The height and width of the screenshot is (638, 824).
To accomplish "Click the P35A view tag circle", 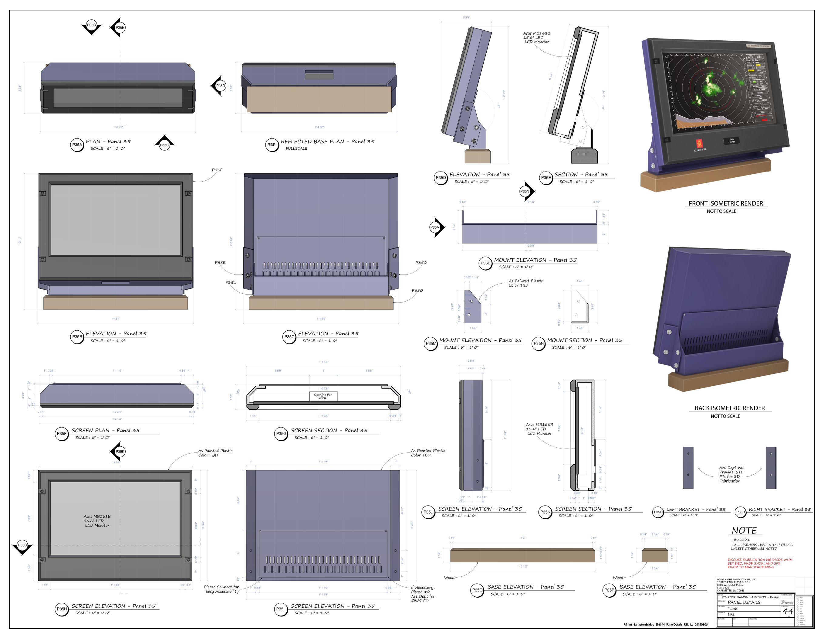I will [x=77, y=145].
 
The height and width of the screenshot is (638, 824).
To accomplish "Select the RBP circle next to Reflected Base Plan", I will [x=272, y=145].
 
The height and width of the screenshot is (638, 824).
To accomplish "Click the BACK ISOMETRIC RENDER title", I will [x=730, y=408].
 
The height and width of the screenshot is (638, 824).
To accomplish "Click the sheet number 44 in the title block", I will [x=787, y=611].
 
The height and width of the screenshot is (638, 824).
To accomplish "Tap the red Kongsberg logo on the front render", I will [x=699, y=144].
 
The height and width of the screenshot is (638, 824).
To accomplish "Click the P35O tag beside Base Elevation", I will [x=477, y=590].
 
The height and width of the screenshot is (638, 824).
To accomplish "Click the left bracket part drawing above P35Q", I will [x=688, y=468].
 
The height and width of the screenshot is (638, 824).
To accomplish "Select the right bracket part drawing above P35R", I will [x=771, y=468].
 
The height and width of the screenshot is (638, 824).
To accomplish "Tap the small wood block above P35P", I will [x=655, y=555].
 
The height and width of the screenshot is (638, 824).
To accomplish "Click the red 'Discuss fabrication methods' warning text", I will [x=759, y=563].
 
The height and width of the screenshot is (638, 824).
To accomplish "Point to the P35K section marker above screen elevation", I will [x=120, y=451].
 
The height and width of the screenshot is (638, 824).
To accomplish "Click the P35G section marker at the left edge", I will [x=23, y=545].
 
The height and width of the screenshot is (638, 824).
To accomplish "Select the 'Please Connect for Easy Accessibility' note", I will [x=221, y=589].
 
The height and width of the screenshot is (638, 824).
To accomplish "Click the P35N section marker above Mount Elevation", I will [x=525, y=192].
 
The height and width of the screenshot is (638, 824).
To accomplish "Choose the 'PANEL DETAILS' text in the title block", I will [x=744, y=602].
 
